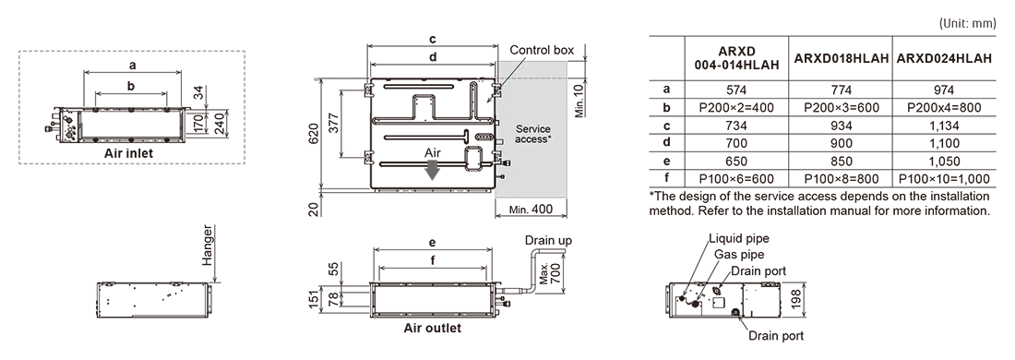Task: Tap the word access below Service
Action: coord(530,141)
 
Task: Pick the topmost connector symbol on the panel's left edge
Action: coord(497,89)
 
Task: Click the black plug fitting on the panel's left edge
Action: coord(507,163)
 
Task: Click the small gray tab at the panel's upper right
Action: coord(574,70)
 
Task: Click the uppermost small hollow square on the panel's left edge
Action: coord(496,123)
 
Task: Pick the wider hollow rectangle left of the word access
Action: coord(499,141)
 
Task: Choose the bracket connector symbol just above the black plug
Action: coord(497,154)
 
